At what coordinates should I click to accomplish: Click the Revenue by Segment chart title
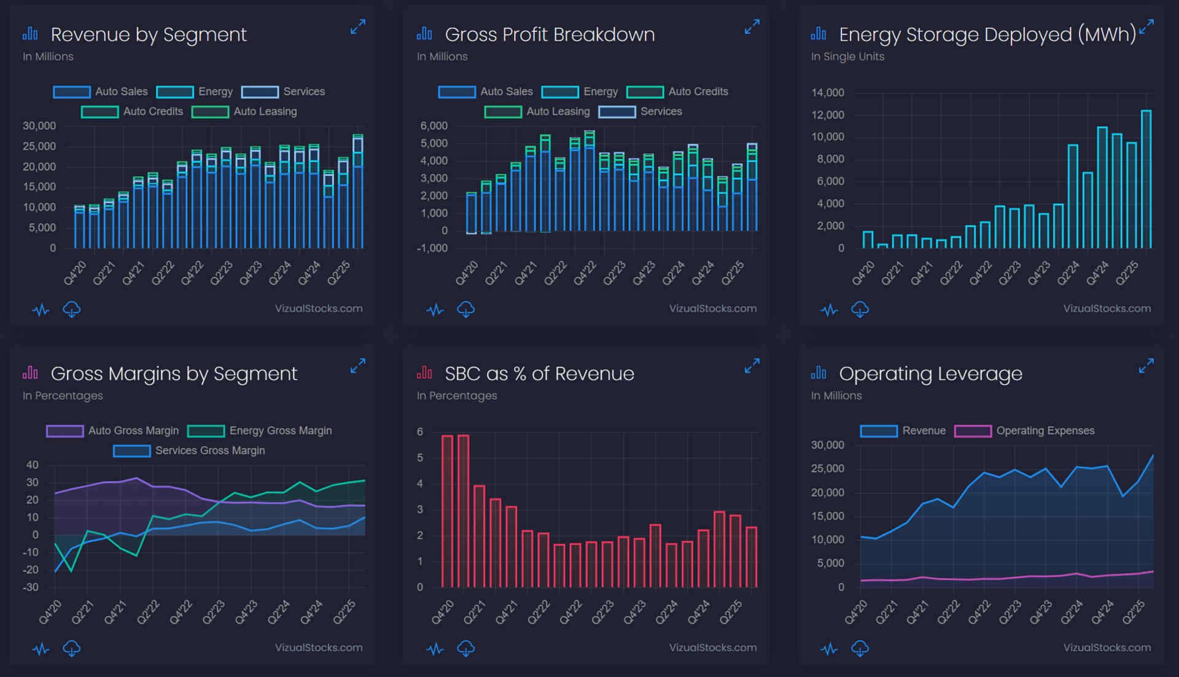[x=149, y=35]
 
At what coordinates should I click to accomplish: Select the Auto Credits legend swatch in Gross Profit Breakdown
[x=645, y=92]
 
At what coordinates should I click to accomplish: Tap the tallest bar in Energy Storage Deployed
[x=1146, y=179]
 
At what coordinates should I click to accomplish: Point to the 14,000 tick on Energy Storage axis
[x=828, y=93]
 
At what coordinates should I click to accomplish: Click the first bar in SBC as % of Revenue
[x=447, y=511]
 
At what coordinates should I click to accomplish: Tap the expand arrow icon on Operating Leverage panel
[x=1146, y=366]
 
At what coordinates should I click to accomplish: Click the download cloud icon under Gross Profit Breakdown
[x=466, y=309]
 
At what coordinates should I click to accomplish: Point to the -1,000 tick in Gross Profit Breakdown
[x=432, y=249]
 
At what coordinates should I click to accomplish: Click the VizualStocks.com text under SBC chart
[x=712, y=648]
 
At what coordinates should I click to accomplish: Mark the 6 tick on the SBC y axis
[x=420, y=432]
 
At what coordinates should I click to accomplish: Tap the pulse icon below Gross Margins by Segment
[x=41, y=648]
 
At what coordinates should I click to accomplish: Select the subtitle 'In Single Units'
[x=847, y=56]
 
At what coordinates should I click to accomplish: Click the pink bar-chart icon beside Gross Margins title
[x=30, y=373]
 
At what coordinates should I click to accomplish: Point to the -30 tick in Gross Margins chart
[x=31, y=587]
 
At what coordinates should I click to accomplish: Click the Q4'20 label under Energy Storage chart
[x=863, y=273]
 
